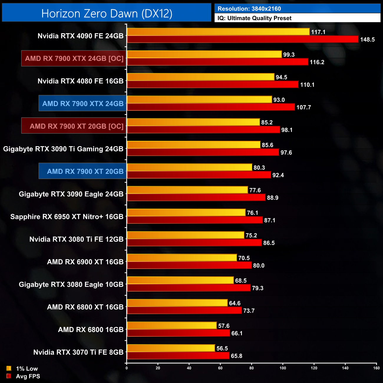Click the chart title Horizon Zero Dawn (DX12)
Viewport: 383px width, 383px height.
coord(107,14)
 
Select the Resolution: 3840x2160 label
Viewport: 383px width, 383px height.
coord(249,9)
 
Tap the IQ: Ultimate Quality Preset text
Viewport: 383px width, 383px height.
coord(255,18)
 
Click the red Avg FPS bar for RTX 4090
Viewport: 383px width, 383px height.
coord(242,39)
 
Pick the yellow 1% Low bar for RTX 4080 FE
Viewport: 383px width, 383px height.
coord(200,77)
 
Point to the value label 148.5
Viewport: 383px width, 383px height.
coord(367,39)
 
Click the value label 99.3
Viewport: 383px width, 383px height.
coord(289,55)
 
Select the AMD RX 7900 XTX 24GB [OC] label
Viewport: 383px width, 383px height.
coord(74,58)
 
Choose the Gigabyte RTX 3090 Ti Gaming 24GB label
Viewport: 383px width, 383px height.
coord(63,149)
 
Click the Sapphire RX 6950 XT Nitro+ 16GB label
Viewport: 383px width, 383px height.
coord(67,217)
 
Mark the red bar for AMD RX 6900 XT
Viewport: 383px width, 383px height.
coord(189,265)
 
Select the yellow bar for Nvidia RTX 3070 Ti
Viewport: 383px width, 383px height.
coord(171,348)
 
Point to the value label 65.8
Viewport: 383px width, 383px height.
coord(237,356)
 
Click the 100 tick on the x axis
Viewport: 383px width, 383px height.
coord(283,368)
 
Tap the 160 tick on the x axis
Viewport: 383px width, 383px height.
coord(376,368)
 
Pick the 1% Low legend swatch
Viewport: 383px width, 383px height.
coord(9,369)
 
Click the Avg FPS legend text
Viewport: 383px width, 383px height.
coord(28,376)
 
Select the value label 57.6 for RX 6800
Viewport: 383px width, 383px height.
coord(224,326)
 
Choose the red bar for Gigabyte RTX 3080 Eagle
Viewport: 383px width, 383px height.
coord(189,288)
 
